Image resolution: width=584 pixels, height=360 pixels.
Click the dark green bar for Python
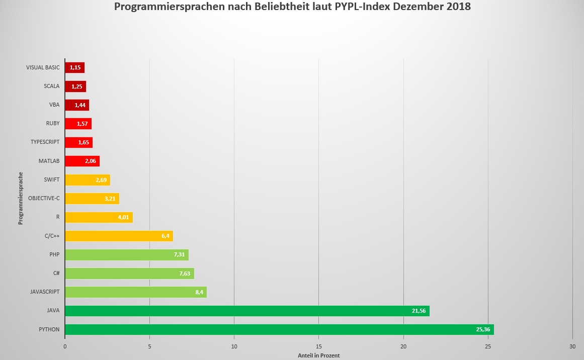click(279, 329)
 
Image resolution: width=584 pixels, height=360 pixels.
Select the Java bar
click(247, 311)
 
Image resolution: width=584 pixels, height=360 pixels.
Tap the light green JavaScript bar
click(136, 292)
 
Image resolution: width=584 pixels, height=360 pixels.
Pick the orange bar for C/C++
click(119, 236)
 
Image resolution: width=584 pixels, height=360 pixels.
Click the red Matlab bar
click(82, 161)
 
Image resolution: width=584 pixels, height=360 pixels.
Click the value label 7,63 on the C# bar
click(185, 274)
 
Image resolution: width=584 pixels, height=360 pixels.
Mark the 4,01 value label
click(124, 217)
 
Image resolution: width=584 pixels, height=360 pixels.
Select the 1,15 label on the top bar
click(75, 67)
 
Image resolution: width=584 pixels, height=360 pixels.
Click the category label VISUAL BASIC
click(43, 67)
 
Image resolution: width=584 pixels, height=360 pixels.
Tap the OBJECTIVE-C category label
click(44, 198)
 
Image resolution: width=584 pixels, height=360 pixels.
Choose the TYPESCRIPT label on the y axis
click(45, 142)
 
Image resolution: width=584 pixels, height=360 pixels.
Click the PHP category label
click(54, 254)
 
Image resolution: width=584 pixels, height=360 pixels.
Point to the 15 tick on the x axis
click(319, 346)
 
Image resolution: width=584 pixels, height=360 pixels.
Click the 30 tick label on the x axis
click(572, 346)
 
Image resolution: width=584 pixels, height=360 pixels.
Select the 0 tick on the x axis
click(65, 346)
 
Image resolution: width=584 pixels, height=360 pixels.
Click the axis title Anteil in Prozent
click(319, 355)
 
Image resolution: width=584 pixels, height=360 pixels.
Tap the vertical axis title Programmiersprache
click(21, 198)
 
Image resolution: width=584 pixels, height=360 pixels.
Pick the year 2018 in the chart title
click(458, 7)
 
